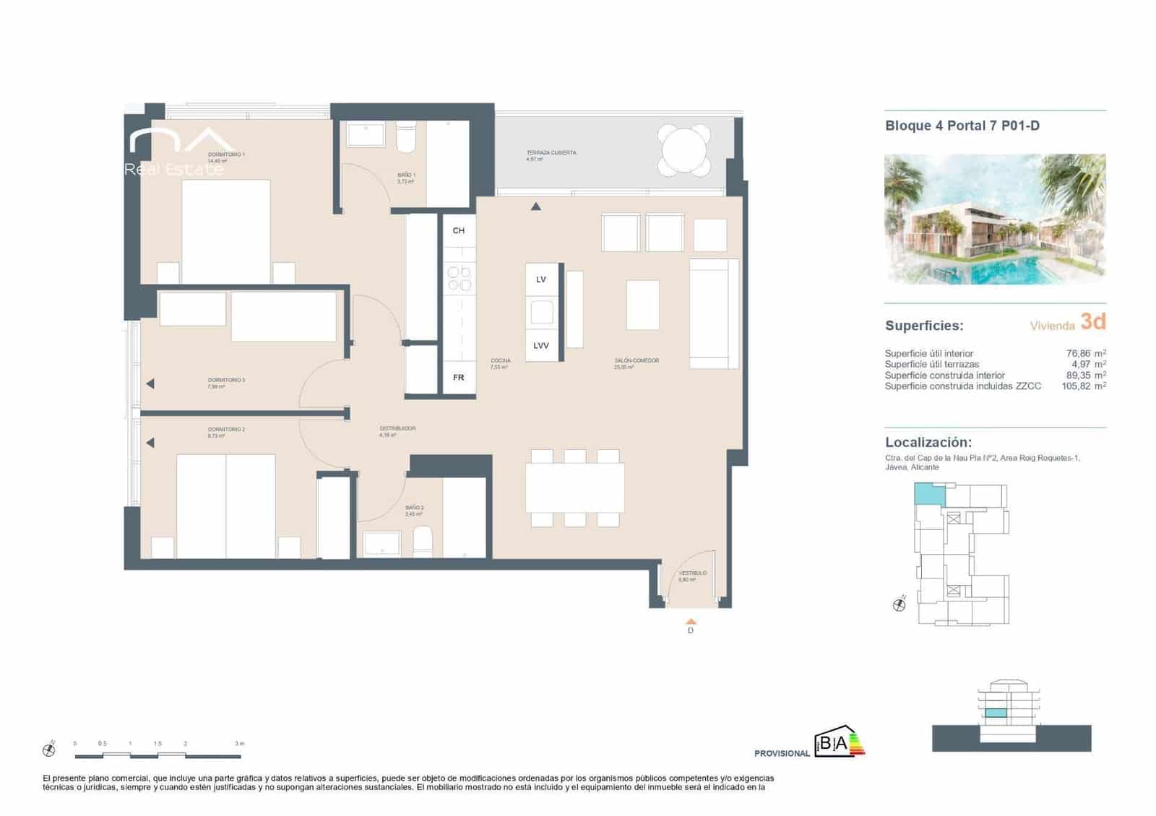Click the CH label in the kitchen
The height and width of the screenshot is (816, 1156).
(x=459, y=231)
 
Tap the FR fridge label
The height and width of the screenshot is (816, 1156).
(x=459, y=378)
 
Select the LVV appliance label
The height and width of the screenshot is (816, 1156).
(x=541, y=346)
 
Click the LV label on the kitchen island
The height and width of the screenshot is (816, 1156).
(x=541, y=279)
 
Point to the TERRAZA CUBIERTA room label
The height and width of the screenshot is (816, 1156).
(x=551, y=153)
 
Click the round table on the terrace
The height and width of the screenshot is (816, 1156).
(x=684, y=151)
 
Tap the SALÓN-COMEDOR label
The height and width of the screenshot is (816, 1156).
(x=637, y=360)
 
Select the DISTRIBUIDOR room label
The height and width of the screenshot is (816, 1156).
(x=397, y=429)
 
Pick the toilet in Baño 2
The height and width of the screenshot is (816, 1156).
(x=423, y=541)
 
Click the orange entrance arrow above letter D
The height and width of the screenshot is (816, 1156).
(x=691, y=621)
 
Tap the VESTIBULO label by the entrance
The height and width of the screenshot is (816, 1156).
(x=692, y=573)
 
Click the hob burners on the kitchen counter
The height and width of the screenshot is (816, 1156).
(x=459, y=279)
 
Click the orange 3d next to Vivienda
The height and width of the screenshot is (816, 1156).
(x=1092, y=321)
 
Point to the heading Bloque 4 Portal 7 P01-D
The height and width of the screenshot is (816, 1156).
(x=962, y=126)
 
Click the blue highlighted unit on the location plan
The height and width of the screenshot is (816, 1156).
(x=929, y=495)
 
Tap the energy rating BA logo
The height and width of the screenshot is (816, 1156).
(x=838, y=742)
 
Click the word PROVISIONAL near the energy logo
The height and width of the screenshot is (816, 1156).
(x=782, y=753)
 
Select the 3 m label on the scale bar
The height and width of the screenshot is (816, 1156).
(x=240, y=743)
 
